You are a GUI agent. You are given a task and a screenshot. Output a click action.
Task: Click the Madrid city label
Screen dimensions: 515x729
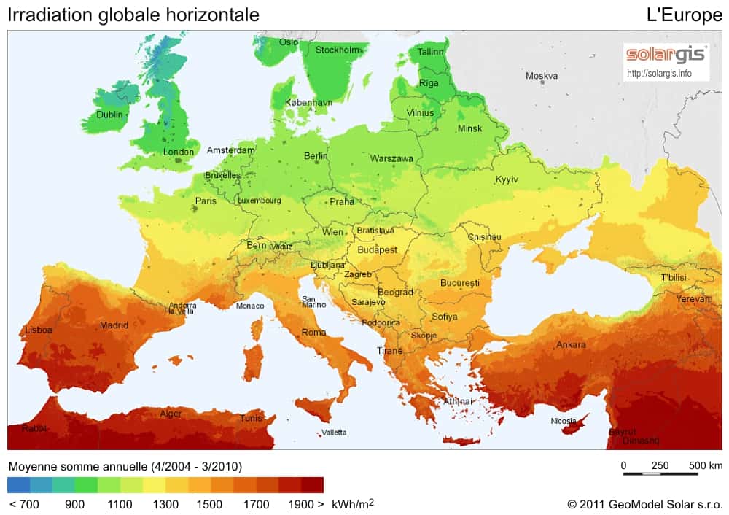tap(114, 325)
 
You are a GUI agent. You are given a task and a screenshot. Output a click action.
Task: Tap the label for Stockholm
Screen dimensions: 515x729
tap(338, 50)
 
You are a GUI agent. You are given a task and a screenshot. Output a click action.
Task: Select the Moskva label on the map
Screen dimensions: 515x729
tap(542, 76)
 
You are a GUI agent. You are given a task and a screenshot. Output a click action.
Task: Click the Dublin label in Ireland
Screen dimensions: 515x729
tap(110, 115)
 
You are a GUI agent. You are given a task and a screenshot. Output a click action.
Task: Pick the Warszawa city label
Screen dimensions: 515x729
tap(391, 158)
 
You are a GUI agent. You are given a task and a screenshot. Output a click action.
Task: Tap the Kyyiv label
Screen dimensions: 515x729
tap(506, 179)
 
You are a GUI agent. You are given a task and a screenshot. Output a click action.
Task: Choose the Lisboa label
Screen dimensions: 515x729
tap(39, 330)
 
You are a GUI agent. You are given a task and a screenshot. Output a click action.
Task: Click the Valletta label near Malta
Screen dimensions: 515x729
tap(334, 433)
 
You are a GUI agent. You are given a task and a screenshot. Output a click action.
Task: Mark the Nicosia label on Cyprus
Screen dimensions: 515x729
tap(564, 421)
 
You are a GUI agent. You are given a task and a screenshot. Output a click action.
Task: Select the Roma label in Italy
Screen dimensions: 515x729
tap(313, 332)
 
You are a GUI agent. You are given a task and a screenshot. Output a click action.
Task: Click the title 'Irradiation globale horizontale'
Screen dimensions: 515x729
tap(133, 15)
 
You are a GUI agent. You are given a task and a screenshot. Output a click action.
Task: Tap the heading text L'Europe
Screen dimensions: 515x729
tap(684, 15)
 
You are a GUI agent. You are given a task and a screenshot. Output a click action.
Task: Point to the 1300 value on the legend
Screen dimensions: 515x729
tap(165, 504)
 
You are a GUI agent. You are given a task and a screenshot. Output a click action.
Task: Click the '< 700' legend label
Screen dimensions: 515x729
tap(24, 504)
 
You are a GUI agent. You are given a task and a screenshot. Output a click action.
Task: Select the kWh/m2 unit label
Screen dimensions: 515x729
tap(353, 503)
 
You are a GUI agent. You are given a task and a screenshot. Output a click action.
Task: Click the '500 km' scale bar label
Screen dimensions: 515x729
tap(706, 465)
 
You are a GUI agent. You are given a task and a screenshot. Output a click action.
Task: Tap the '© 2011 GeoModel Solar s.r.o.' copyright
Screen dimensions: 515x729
tap(644, 504)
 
